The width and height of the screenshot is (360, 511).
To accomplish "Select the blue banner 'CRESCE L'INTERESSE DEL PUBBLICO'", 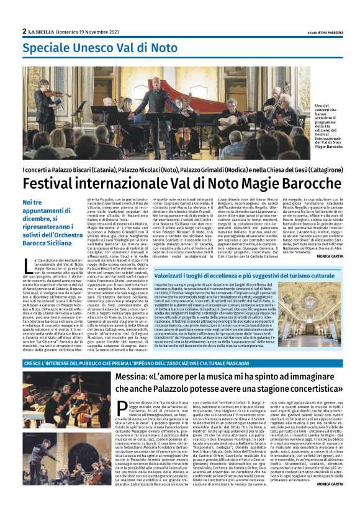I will coord(124,363).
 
